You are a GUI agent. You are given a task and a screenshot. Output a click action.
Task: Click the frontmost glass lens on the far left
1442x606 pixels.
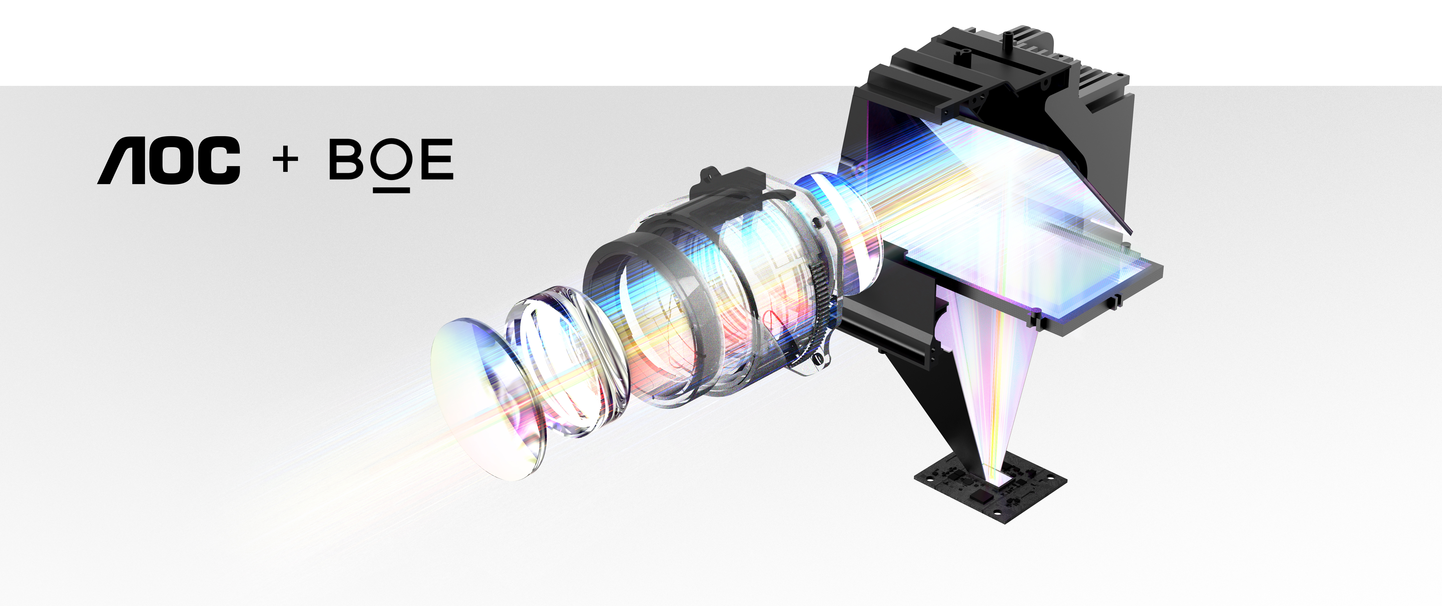coord(481,398)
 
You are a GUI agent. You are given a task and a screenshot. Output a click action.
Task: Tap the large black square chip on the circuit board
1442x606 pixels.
coord(981,497)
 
